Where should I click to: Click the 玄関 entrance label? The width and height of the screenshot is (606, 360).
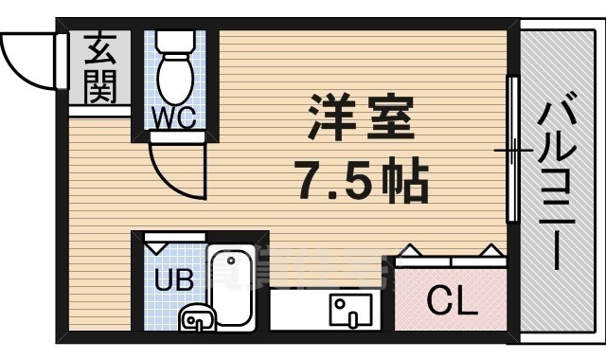coord(100,69)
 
